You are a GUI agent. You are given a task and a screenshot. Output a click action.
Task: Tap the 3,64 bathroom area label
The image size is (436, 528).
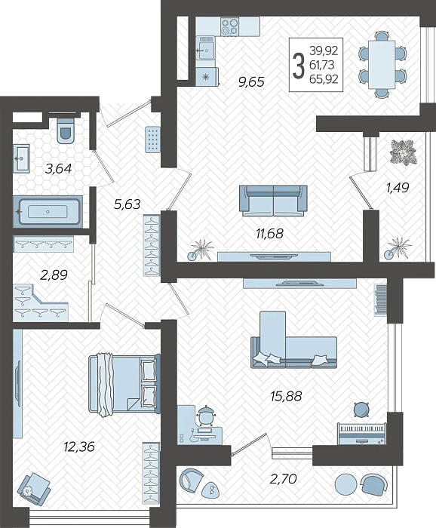tap(58, 168)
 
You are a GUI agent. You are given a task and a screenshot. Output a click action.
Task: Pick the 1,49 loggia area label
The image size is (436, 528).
tap(397, 187)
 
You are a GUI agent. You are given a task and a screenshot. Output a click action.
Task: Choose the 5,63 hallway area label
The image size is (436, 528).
tap(127, 203)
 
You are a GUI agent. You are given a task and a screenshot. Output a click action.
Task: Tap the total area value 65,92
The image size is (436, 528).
tap(324, 78)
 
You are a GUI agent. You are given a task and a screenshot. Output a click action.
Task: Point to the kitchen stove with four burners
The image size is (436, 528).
tap(230, 27)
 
